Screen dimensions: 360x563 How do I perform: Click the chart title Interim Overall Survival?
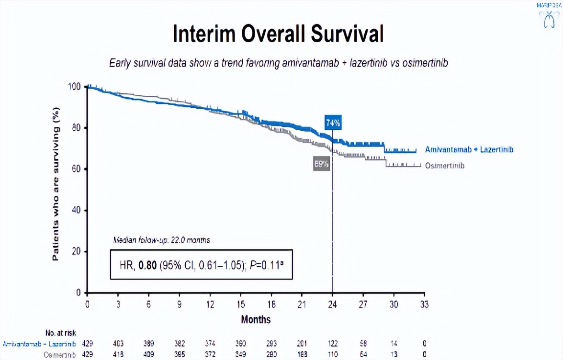278,34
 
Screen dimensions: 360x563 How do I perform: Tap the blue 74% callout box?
333,123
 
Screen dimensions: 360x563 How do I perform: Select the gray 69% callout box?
322,164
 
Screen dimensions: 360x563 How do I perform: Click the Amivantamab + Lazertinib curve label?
469,150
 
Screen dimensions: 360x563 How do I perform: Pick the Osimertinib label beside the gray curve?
445,166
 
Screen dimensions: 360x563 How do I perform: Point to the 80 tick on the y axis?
76,128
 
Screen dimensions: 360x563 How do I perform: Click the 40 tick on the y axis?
76,211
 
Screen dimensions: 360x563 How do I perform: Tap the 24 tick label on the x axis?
332,304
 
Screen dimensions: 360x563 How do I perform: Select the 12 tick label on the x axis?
210,304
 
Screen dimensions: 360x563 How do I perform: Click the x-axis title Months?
256,319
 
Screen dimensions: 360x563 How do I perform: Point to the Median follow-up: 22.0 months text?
161,240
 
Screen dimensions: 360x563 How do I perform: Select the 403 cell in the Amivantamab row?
118,344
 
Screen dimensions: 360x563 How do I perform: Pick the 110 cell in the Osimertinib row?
332,354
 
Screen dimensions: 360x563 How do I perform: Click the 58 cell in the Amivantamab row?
363,344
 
